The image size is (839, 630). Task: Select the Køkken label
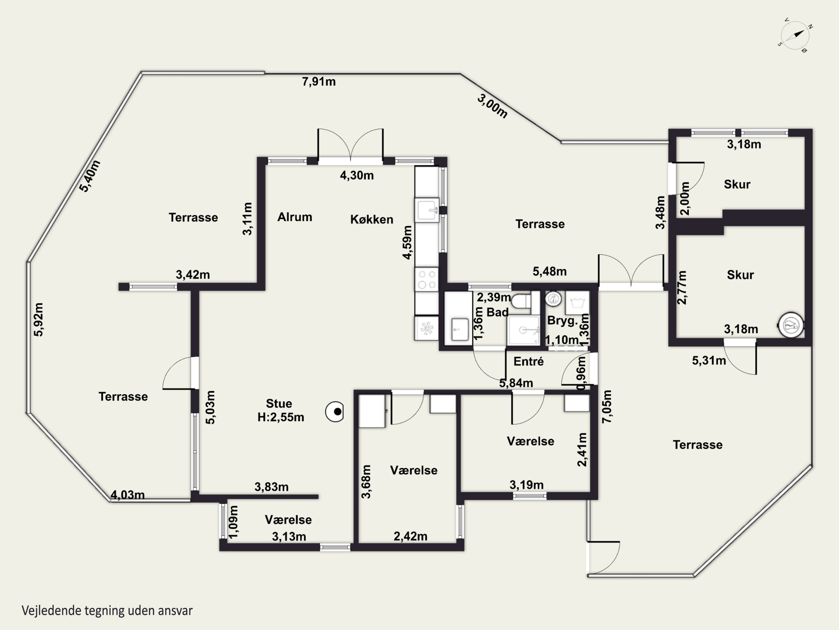point(372,219)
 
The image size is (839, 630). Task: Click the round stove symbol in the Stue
point(334,412)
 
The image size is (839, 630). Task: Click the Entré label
point(528,361)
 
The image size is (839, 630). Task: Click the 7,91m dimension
point(319,82)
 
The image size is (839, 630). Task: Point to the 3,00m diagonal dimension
point(492,106)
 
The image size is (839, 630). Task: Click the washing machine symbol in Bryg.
point(577,303)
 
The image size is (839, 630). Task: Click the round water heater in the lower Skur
point(791,325)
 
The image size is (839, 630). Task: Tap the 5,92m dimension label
point(39,319)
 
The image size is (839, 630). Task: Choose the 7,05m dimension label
point(607,406)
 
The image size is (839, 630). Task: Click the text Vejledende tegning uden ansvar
point(107,610)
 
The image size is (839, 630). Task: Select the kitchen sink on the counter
point(427,210)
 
